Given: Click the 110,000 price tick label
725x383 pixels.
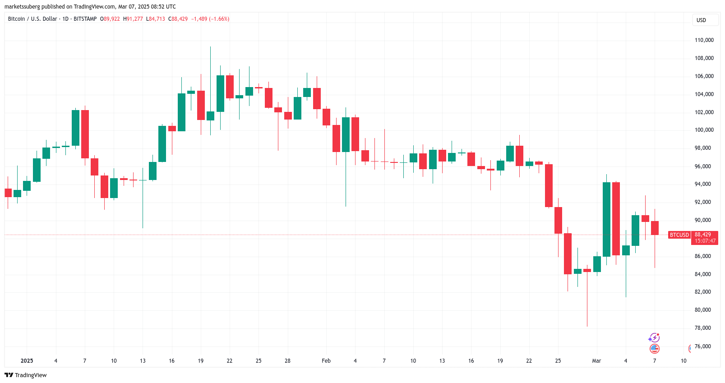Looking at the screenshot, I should [704, 40].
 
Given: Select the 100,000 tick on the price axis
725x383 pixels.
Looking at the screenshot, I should [704, 130].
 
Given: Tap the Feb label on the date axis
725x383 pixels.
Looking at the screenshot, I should [326, 361].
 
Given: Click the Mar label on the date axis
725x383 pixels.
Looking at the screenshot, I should [596, 361].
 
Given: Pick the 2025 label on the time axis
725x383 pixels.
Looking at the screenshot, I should [27, 361].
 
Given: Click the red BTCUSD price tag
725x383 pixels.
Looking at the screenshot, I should [679, 235].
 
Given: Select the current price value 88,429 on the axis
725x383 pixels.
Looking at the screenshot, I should [703, 235].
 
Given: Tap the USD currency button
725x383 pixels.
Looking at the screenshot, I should [701, 20].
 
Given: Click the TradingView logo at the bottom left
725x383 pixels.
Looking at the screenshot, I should [26, 375].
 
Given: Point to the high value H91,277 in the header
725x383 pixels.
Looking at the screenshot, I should [133, 19].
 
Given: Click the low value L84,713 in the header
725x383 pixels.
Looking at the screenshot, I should [156, 19].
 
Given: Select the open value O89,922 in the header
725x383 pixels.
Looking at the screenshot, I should [110, 19].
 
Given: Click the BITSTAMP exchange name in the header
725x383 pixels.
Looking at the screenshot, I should [85, 19].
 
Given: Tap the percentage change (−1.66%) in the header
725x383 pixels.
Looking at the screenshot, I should [219, 19].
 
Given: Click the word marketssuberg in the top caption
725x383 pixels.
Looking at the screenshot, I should [22, 7].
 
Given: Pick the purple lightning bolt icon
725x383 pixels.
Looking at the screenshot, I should [654, 338].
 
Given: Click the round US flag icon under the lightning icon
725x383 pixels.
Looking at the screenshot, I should [655, 348].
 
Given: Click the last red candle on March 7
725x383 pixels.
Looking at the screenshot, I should [655, 228].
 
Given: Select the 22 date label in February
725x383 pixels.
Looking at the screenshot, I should [529, 361].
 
